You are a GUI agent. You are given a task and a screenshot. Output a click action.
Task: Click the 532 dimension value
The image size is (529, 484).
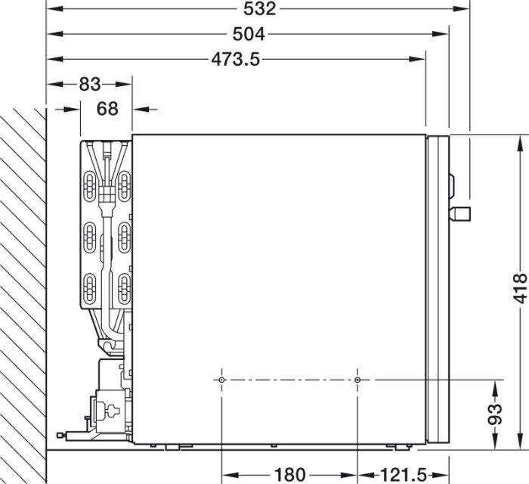click(259, 9)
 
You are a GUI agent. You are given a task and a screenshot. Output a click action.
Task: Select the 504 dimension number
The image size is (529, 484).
click(249, 34)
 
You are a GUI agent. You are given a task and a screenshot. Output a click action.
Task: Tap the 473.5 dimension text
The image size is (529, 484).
click(236, 60)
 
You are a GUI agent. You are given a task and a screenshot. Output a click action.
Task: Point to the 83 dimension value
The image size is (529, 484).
click(90, 84)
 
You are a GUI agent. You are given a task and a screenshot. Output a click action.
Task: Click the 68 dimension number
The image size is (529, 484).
click(107, 109)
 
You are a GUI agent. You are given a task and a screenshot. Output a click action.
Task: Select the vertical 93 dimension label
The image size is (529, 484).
click(495, 414)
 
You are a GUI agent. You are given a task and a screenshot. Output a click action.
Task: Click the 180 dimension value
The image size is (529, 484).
click(289, 475)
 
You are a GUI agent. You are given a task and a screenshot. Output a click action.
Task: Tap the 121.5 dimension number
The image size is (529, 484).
click(404, 475)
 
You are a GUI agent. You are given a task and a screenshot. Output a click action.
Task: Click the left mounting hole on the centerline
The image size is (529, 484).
click(221, 380)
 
